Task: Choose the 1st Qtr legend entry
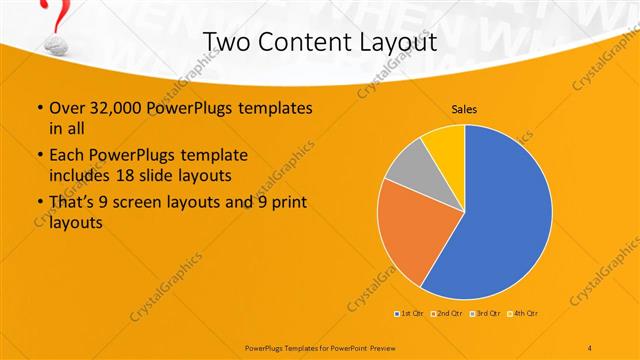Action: click(x=410, y=314)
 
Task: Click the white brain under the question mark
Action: click(x=56, y=46)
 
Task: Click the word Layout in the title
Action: click(x=398, y=43)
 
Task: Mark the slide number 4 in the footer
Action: click(x=589, y=346)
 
